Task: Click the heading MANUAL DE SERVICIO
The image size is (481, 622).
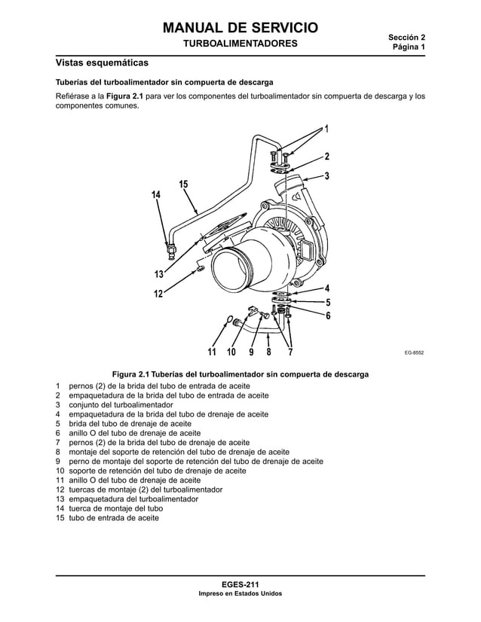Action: tap(240, 29)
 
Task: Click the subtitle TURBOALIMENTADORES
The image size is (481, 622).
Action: tap(240, 44)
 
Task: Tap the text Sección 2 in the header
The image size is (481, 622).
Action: tap(406, 37)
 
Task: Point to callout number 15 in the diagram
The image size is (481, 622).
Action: tap(183, 185)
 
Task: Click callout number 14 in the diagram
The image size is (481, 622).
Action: tap(156, 196)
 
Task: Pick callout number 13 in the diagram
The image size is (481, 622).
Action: tap(159, 273)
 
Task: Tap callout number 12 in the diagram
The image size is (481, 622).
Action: tap(159, 293)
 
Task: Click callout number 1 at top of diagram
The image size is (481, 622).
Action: tap(326, 129)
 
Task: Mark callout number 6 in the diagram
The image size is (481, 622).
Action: tap(328, 316)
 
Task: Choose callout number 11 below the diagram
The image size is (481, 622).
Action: tap(213, 352)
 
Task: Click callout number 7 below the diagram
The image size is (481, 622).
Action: tap(291, 352)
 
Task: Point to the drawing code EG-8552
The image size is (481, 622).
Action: tap(413, 352)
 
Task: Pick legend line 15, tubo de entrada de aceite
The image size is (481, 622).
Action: tap(113, 519)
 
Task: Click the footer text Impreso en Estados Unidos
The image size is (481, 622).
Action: tap(240, 593)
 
